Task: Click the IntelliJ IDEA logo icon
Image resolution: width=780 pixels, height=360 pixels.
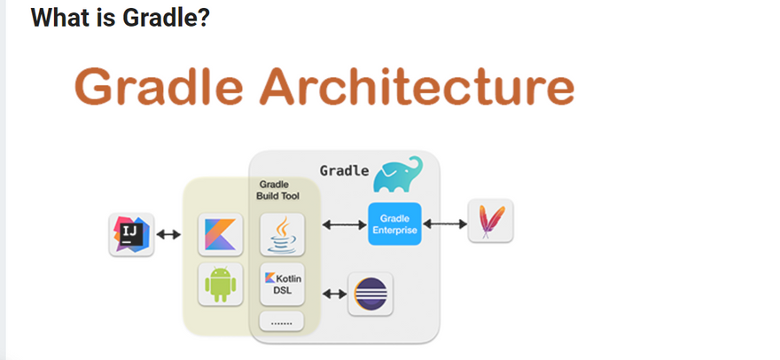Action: pyautogui.click(x=132, y=234)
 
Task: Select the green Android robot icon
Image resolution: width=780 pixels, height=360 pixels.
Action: pyautogui.click(x=221, y=285)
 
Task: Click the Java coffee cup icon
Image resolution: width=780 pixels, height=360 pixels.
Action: pyautogui.click(x=282, y=234)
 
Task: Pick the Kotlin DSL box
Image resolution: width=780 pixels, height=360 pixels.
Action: pyautogui.click(x=282, y=284)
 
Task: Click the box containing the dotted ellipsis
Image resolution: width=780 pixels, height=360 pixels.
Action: pyautogui.click(x=282, y=321)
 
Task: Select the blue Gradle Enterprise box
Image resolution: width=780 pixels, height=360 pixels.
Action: pyautogui.click(x=395, y=224)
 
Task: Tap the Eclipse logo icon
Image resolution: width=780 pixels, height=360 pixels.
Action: pyautogui.click(x=370, y=293)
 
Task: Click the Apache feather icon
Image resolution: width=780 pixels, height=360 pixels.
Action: pyautogui.click(x=490, y=221)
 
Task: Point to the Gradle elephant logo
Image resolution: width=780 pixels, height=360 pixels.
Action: pyautogui.click(x=398, y=175)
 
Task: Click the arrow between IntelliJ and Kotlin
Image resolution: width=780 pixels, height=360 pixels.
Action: pyautogui.click(x=168, y=234)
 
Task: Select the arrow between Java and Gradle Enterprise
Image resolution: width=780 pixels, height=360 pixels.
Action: pyautogui.click(x=344, y=225)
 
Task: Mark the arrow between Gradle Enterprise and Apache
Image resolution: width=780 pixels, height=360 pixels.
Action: pyautogui.click(x=445, y=224)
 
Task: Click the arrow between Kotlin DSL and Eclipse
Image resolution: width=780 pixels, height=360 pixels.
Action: pyautogui.click(x=335, y=293)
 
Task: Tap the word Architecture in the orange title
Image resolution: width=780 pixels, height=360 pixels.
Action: pyautogui.click(x=417, y=86)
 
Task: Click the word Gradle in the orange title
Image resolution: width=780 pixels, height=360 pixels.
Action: pyautogui.click(x=160, y=86)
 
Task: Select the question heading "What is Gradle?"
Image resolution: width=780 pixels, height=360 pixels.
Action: pyautogui.click(x=121, y=18)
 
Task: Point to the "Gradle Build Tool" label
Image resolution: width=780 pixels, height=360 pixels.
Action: pyautogui.click(x=277, y=191)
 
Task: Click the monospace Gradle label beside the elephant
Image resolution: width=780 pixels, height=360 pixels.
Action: pyautogui.click(x=344, y=171)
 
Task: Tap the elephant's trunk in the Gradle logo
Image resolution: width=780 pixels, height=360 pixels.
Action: pyautogui.click(x=417, y=167)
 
